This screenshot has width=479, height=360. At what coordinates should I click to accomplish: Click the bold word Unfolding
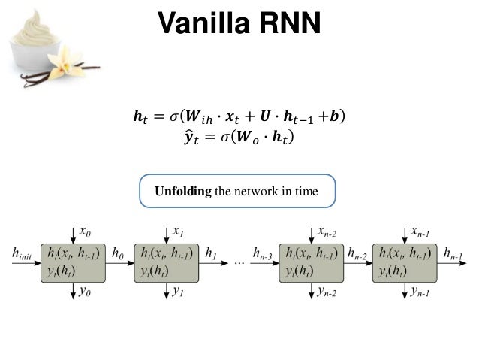[183, 192]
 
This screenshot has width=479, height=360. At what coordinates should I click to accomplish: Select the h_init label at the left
[23, 255]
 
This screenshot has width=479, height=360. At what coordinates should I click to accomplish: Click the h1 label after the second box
[212, 255]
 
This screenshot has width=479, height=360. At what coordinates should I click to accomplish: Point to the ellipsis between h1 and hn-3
[239, 264]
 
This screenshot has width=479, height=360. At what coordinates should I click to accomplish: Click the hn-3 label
[264, 256]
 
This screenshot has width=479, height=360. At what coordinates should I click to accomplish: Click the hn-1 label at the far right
[456, 256]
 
